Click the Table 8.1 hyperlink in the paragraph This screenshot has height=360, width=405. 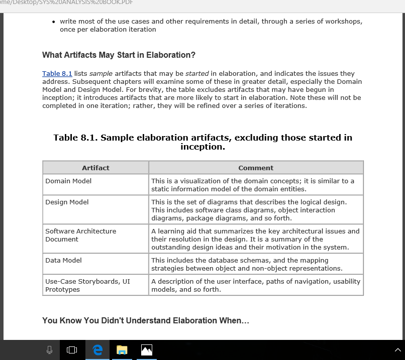(x=57, y=73)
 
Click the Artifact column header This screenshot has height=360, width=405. (x=95, y=168)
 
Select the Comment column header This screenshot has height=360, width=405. (x=256, y=168)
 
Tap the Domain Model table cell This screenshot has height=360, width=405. (x=68, y=181)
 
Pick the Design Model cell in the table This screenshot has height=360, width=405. (x=67, y=202)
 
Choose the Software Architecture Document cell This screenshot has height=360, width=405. (x=80, y=235)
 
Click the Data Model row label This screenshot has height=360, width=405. (x=63, y=260)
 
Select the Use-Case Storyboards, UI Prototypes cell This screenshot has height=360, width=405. (x=87, y=285)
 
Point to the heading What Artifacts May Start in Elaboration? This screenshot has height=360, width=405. (x=119, y=55)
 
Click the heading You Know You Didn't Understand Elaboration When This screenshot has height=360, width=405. (x=145, y=320)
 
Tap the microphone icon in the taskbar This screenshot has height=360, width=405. (x=49, y=350)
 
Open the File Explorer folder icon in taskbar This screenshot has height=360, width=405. (x=122, y=350)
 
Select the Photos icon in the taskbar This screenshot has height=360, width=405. (x=146, y=350)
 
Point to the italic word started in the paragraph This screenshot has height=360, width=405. (x=197, y=73)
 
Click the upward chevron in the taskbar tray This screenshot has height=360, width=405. (x=398, y=350)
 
